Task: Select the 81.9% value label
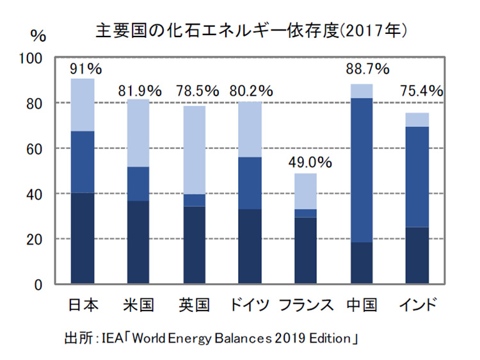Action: tap(140, 91)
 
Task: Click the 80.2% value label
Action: tap(252, 91)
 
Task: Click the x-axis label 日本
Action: tap(83, 304)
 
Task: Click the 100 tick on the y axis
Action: tap(31, 58)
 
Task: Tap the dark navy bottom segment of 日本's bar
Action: tap(83, 238)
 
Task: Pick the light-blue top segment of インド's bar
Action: tap(417, 120)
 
